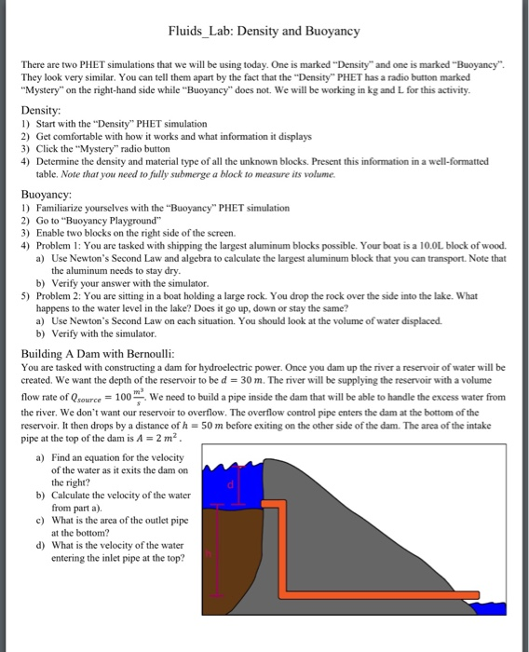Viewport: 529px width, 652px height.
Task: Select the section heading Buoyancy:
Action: click(47, 195)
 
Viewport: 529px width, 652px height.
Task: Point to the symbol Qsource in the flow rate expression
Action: click(82, 397)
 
